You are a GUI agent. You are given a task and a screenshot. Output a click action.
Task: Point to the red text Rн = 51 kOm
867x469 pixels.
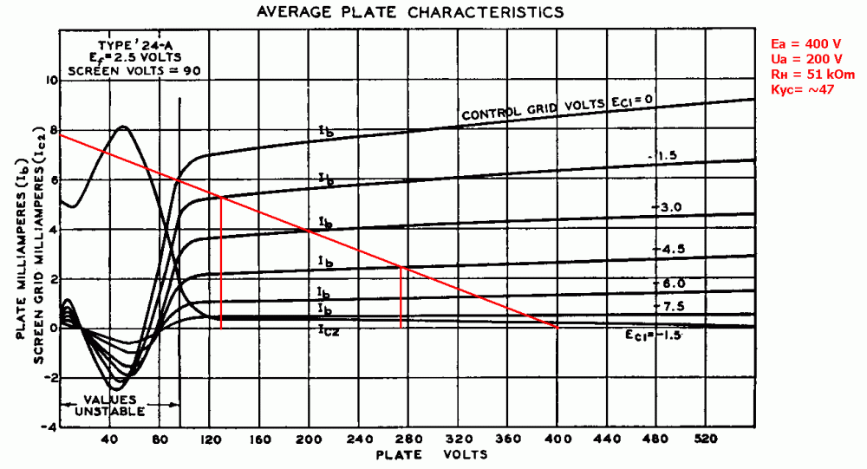pos(805,74)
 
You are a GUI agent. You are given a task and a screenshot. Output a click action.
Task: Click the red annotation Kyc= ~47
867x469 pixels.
pos(802,89)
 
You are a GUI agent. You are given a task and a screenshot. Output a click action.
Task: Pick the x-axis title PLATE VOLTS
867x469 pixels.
pos(432,454)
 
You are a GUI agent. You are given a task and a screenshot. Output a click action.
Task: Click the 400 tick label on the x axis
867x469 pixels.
pos(556,440)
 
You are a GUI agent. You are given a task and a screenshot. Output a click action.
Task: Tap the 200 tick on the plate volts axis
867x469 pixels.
pos(308,440)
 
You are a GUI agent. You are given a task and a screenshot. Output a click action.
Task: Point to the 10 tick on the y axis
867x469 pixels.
pos(50,80)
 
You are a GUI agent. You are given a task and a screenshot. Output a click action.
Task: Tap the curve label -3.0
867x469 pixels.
pos(668,207)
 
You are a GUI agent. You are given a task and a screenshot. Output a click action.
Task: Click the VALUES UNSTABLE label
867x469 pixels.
pos(110,405)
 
